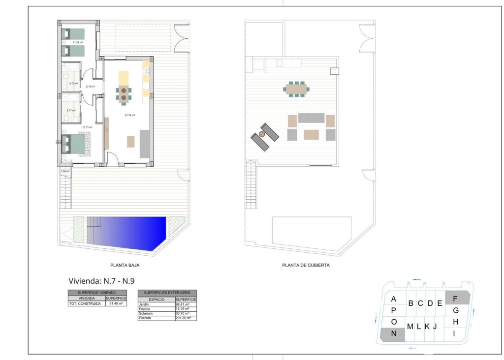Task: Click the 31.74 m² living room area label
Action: point(130,115)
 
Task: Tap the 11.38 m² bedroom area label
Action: point(77,42)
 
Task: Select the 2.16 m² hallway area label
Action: point(90,87)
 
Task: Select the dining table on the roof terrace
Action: point(296,89)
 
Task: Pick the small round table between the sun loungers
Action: point(262,134)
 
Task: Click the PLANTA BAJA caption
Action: point(122,265)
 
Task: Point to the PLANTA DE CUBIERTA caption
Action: point(306,265)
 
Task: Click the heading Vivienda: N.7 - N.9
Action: point(101,281)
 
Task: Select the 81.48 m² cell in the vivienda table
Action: point(116,303)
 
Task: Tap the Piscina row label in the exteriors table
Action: point(145,309)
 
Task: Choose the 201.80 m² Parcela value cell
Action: point(186,318)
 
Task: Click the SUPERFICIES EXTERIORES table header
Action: point(167,293)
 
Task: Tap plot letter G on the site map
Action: point(456,310)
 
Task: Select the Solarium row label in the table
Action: point(146,313)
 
